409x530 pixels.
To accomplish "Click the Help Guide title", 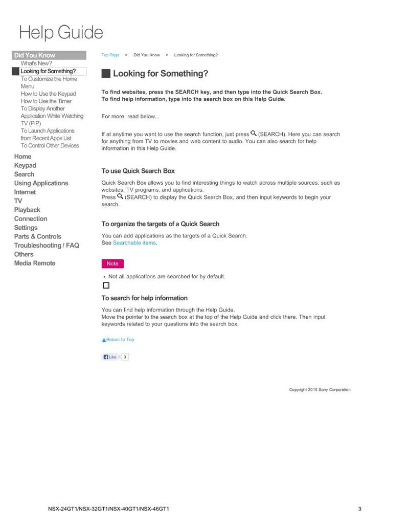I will (61, 33).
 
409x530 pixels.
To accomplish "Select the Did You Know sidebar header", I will (34, 55).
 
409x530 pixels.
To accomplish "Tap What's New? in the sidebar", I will (36, 63).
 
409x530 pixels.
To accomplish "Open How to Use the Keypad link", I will (48, 94).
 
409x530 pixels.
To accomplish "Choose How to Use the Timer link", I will (46, 101).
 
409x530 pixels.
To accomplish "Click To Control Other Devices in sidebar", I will (50, 146).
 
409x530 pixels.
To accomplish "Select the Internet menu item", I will (25, 192).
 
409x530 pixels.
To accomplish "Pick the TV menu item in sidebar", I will (18, 201).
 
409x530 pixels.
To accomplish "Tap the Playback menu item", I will (27, 210).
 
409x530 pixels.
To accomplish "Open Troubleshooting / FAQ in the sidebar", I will (47, 246).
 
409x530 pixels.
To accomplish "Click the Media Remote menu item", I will (35, 263).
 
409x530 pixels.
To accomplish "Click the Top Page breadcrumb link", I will (110, 55).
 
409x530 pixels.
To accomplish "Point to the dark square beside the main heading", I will (106, 74).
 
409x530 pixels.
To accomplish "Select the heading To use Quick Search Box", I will (138, 171).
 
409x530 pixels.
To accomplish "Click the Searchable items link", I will (134, 243).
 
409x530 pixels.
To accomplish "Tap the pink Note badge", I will (112, 264).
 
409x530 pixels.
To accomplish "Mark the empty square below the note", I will (106, 285).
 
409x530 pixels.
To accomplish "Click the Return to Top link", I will (118, 340).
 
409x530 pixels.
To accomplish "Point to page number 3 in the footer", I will (360, 509).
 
